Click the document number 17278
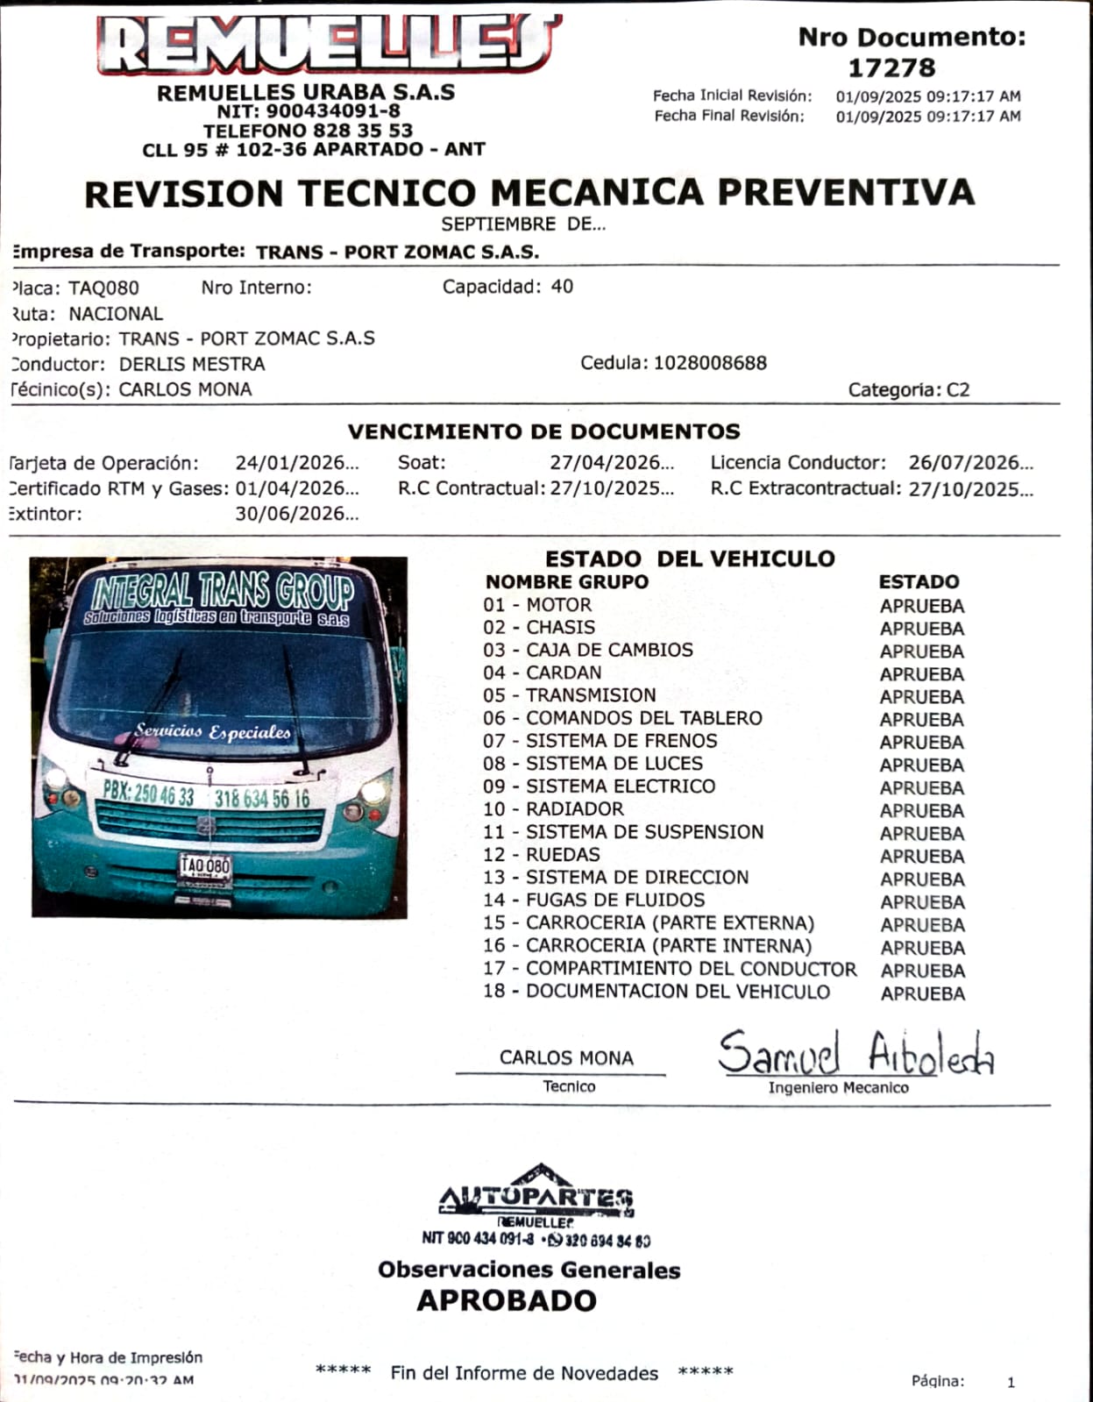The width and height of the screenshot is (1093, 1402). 891,68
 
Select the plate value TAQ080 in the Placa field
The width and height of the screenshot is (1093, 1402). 103,288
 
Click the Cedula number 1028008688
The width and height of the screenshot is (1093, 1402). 710,363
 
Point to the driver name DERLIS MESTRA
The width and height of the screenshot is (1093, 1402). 192,364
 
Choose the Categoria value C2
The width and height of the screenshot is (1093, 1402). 958,390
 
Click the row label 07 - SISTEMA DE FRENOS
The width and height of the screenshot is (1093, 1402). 600,741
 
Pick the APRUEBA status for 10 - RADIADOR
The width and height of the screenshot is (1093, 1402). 922,810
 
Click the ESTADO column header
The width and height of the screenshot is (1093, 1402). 919,581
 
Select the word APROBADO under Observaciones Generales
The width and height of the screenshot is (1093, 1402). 507,1301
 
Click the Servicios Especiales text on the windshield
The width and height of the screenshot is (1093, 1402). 212,731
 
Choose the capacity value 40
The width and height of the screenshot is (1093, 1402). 562,287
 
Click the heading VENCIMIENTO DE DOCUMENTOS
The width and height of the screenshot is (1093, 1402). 543,431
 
